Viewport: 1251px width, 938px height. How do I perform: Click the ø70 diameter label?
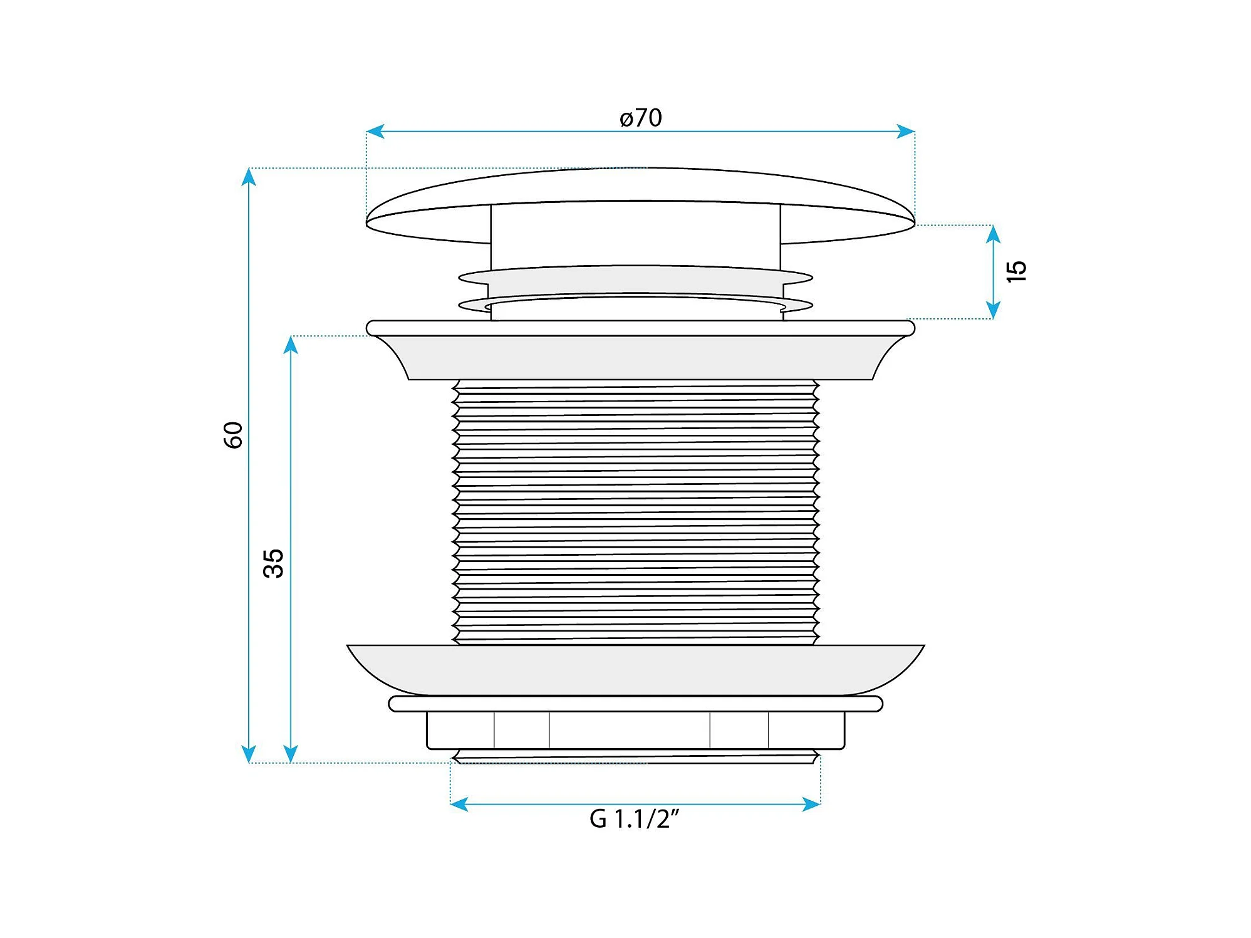[640, 118]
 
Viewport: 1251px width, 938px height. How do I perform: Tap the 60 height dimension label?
[233, 435]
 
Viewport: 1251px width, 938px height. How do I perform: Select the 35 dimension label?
[274, 563]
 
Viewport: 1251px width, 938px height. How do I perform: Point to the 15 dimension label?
[1016, 271]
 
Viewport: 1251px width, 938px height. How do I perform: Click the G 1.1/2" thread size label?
[634, 819]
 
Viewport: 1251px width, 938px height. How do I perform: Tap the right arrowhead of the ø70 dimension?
[906, 131]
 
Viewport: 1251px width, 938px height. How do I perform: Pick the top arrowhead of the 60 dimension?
[249, 177]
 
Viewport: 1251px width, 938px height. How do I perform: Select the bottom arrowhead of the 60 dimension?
[249, 754]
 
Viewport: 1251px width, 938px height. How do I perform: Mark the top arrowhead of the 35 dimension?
[290, 345]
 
